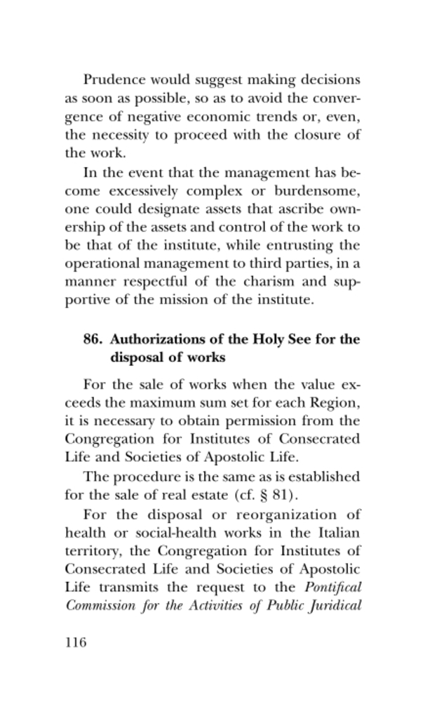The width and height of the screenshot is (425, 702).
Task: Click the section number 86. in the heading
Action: click(94, 340)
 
